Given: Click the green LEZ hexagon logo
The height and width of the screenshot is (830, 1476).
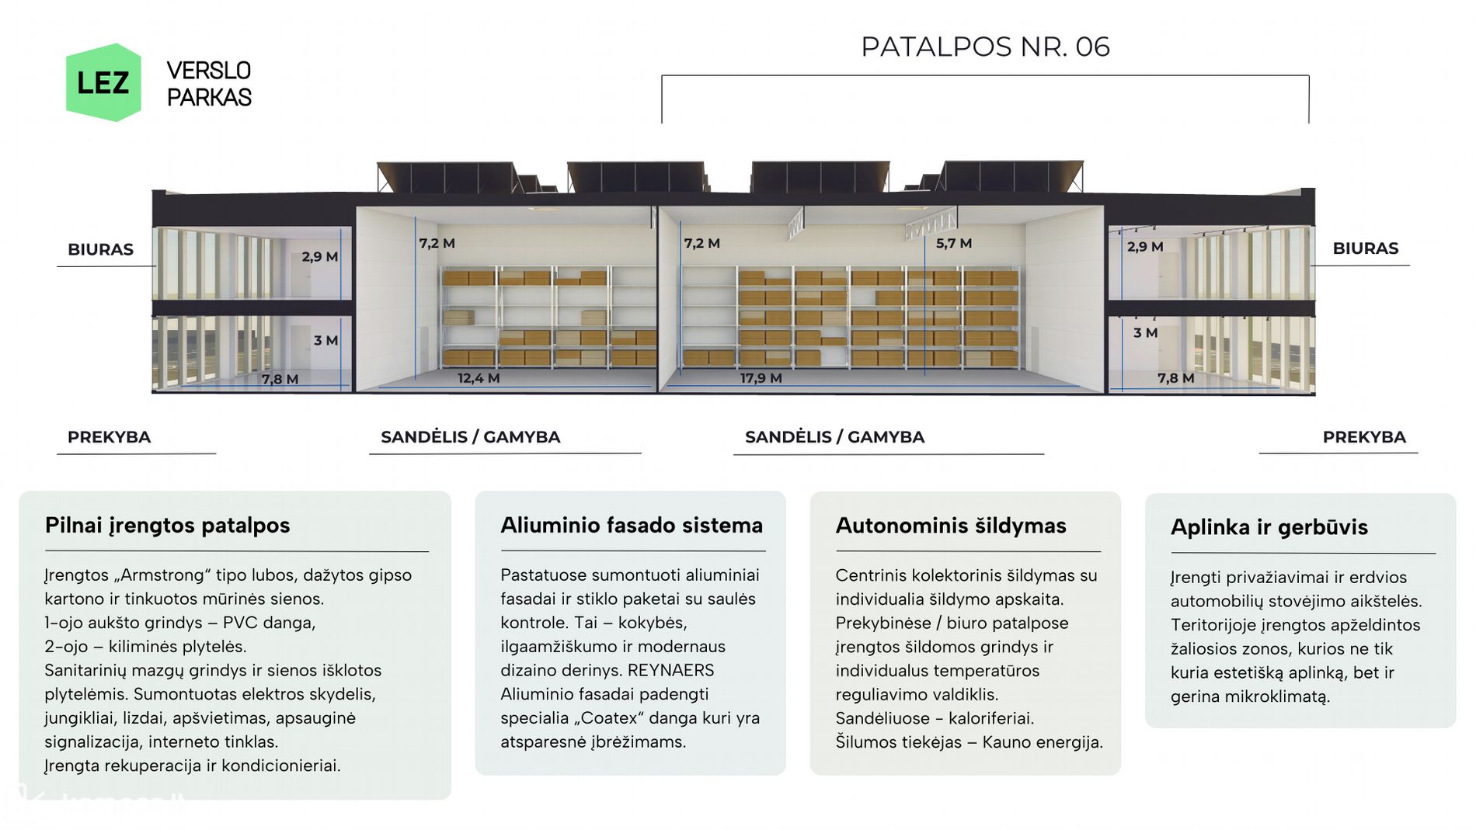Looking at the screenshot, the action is (103, 82).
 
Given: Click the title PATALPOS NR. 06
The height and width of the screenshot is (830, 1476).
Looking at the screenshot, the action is (985, 47).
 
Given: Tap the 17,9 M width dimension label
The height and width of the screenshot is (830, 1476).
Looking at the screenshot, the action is (761, 378).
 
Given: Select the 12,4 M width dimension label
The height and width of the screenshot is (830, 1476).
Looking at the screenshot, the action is (479, 378).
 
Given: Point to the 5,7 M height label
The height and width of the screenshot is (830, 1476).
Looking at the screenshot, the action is (954, 243).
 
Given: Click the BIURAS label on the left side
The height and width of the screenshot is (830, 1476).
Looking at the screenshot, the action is (100, 249).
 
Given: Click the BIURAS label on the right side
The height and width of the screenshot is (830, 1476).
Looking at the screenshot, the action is (1365, 248).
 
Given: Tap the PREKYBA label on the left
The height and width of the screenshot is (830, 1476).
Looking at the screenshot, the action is (109, 437).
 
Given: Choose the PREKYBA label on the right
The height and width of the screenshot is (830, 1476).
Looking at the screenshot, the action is (1364, 437).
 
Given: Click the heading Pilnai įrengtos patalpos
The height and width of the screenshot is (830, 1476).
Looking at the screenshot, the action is (167, 526).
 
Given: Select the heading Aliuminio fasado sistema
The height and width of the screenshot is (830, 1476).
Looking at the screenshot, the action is (632, 526).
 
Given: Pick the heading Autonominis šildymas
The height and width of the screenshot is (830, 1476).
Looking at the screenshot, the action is (951, 526).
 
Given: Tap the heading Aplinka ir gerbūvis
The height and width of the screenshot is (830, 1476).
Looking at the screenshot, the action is (1269, 527).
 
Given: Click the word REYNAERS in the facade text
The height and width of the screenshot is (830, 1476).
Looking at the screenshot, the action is (670, 670).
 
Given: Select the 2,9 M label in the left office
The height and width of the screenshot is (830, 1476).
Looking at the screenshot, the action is (320, 257).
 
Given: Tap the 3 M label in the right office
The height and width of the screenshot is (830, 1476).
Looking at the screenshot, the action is (1146, 333).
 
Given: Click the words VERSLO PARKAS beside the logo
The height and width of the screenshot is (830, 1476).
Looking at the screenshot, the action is (209, 84).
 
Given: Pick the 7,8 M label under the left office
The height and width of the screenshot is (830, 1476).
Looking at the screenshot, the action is (280, 380).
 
